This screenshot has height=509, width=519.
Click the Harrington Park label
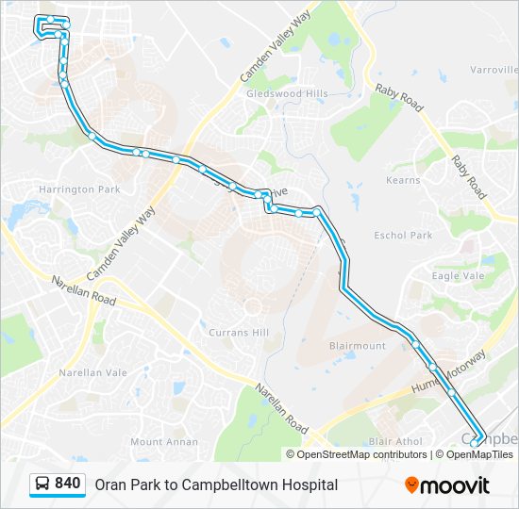(x=79, y=189)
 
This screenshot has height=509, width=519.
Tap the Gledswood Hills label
(x=287, y=94)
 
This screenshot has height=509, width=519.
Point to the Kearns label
(x=403, y=179)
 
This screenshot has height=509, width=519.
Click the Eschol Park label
(x=403, y=235)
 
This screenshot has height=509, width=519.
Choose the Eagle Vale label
(x=458, y=276)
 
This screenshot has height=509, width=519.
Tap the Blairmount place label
(x=358, y=346)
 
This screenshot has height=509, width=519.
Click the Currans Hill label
(x=238, y=333)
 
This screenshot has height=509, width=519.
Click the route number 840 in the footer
(x=67, y=484)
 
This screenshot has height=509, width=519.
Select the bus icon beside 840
(x=42, y=484)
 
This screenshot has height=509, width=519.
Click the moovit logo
(x=447, y=485)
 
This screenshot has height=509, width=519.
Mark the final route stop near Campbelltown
(x=477, y=438)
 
